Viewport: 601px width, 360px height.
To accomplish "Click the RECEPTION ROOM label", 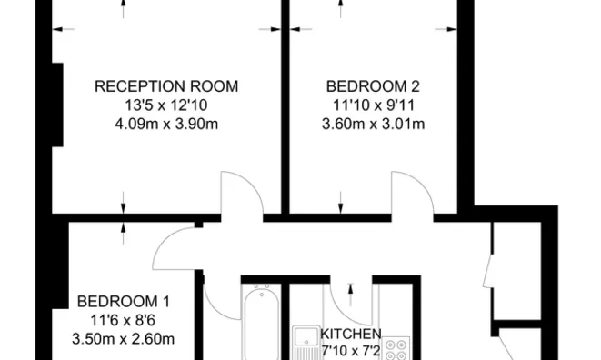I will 166,86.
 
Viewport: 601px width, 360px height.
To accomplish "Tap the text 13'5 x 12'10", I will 166,105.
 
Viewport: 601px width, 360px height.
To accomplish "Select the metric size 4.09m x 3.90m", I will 166,124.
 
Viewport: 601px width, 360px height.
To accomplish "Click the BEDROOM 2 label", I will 373,86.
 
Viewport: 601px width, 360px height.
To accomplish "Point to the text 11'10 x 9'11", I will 373,105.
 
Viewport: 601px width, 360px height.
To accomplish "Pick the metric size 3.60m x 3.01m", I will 373,124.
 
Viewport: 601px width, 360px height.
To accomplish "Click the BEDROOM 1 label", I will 123,302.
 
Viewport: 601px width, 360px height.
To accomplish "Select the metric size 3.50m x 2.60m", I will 123,340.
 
